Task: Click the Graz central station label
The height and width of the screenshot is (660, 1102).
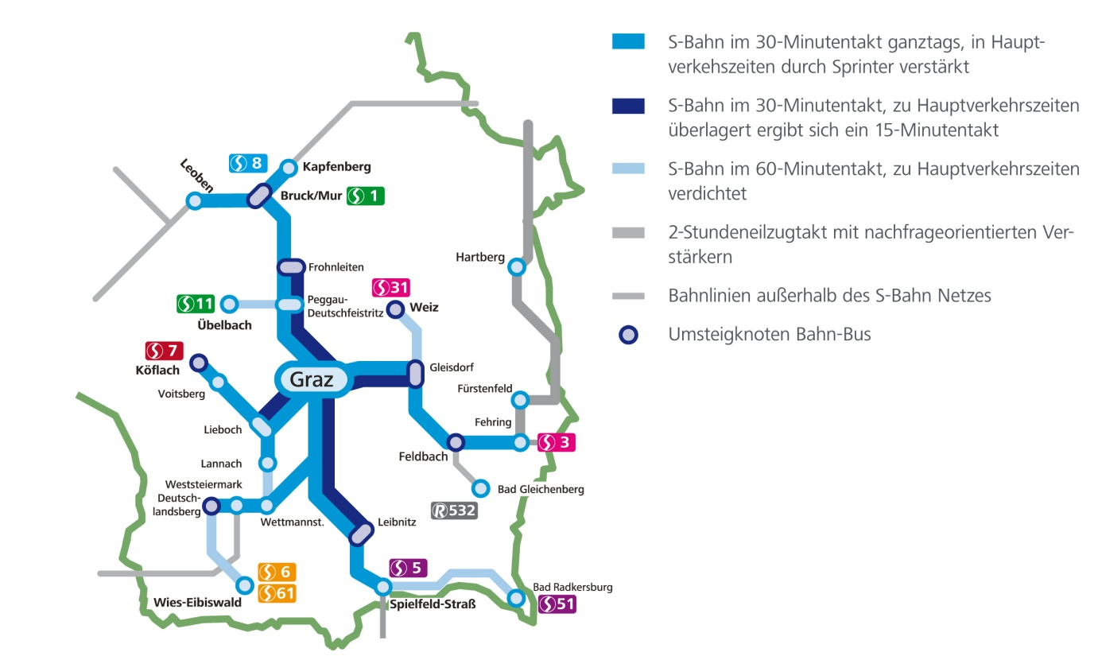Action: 312,379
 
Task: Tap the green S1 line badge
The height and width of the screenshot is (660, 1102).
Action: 366,195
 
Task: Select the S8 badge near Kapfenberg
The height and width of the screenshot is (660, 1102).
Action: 246,163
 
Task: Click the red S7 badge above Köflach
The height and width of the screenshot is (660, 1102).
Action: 165,350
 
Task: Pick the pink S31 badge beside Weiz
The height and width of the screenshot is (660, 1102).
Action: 390,288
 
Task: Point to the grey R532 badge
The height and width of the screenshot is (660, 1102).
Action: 454,511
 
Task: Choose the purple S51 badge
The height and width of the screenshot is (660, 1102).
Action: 557,604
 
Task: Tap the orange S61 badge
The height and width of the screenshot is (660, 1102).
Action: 277,592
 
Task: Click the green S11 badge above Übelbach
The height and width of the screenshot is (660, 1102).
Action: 196,303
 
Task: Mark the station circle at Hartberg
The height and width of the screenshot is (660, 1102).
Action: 518,267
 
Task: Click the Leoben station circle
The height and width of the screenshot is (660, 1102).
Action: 194,201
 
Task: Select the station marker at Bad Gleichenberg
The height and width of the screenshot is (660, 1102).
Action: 480,487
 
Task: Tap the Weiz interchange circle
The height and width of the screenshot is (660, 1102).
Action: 395,309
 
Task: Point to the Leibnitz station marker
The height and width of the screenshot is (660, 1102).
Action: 361,534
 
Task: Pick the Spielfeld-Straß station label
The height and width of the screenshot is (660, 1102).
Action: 433,604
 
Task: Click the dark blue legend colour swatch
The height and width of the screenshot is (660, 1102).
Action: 628,106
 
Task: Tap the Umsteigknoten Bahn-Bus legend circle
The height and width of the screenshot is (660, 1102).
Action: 628,335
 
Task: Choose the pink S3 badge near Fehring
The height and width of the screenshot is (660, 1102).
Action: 557,442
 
